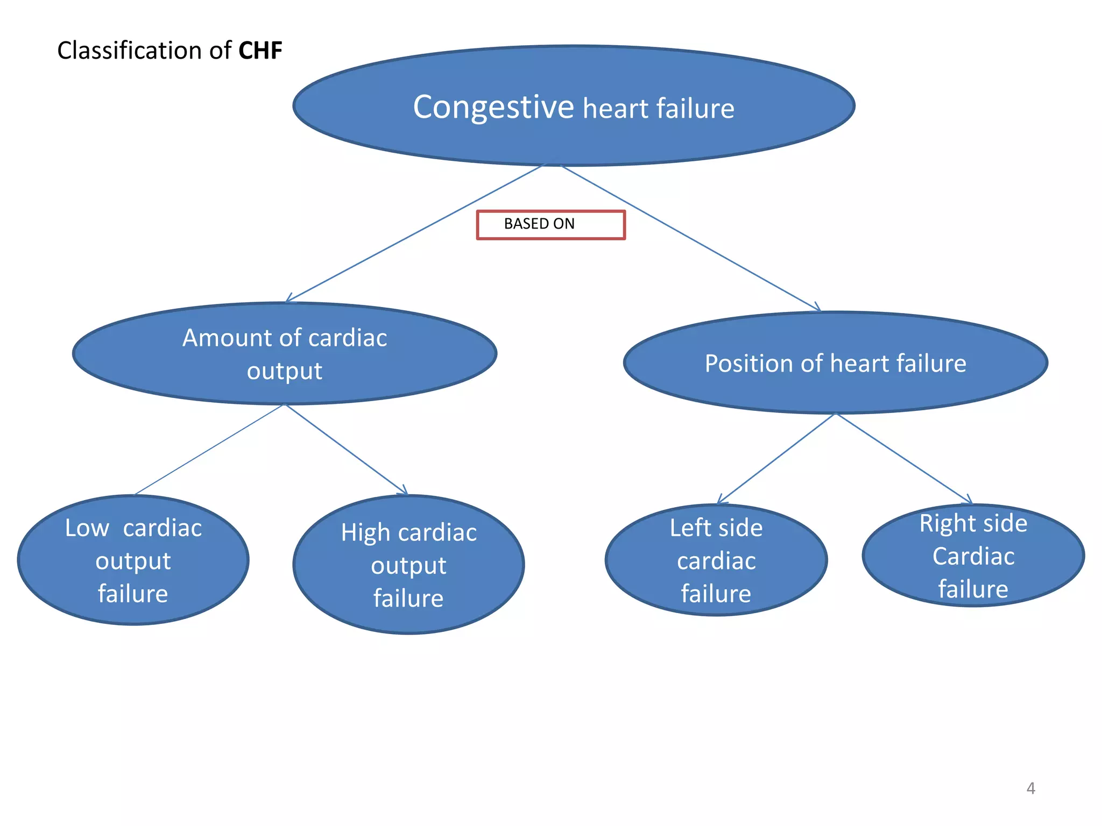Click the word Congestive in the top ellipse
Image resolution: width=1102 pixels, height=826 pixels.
[x=493, y=107]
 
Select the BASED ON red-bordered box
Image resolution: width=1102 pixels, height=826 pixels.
[x=550, y=224]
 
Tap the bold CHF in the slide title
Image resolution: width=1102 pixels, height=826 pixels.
[x=260, y=51]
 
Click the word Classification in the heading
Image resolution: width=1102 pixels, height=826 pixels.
[x=129, y=51]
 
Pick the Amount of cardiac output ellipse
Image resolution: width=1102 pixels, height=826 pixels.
[x=285, y=353]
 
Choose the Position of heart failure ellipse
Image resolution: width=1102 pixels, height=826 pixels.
[x=835, y=363]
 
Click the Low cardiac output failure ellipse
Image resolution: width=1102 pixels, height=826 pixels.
[x=133, y=560]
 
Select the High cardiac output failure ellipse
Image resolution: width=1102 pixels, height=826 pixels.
[x=408, y=565]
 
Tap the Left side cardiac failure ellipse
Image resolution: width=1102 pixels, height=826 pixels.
[x=716, y=560]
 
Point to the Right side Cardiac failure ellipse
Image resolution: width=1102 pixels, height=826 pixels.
[x=973, y=556]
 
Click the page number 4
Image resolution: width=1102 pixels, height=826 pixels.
[x=1030, y=788]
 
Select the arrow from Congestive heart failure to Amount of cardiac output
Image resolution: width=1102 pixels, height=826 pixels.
[x=414, y=234]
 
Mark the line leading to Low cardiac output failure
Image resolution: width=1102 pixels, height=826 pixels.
[x=209, y=450]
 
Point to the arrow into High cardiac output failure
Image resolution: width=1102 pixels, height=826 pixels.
[x=346, y=450]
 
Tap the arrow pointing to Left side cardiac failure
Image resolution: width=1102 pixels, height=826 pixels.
[x=776, y=459]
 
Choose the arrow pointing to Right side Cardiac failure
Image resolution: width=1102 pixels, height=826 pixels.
[x=904, y=458]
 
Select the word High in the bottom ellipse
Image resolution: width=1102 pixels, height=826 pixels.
[x=365, y=533]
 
